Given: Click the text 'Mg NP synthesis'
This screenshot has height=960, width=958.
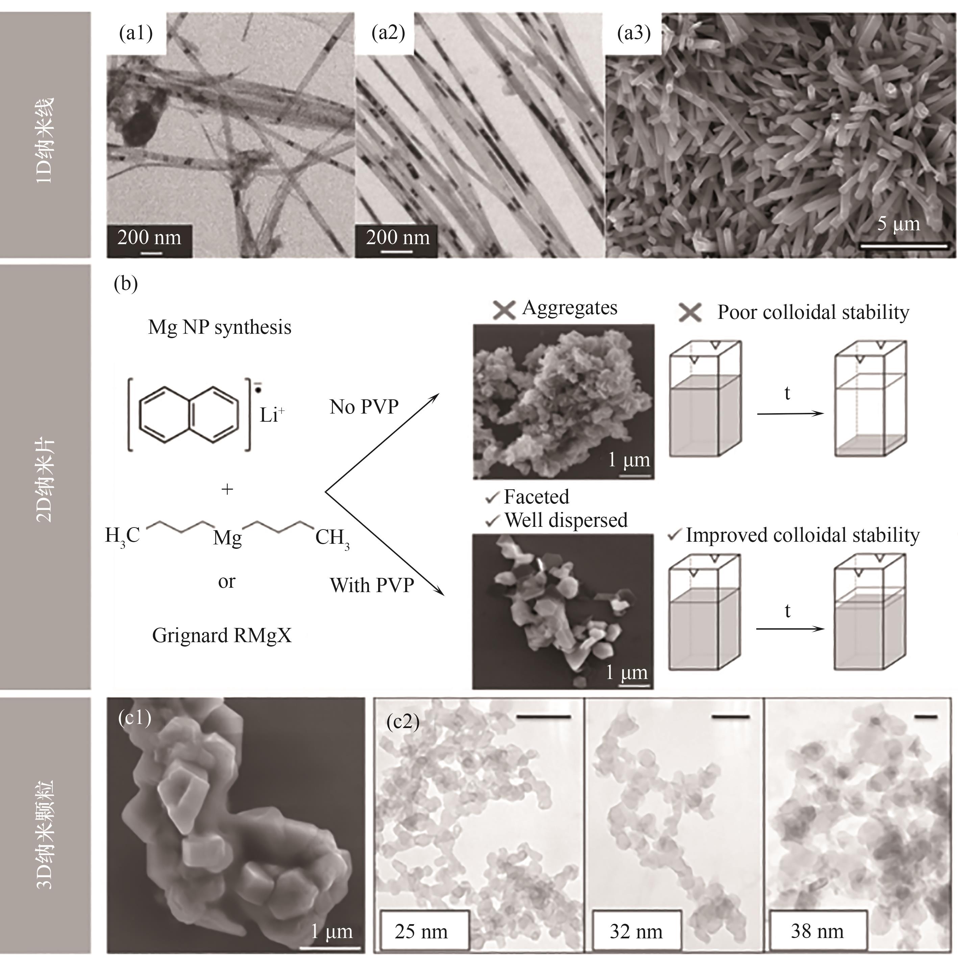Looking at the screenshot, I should [x=220, y=327].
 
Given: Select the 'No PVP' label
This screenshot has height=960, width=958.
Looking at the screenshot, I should [x=364, y=407].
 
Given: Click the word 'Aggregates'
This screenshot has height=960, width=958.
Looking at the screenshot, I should [x=570, y=308].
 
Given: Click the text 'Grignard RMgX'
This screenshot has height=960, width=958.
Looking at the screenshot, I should [x=221, y=635].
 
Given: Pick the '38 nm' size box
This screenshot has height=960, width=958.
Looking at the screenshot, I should [x=817, y=931].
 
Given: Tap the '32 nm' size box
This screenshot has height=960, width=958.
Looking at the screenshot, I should [x=636, y=931].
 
